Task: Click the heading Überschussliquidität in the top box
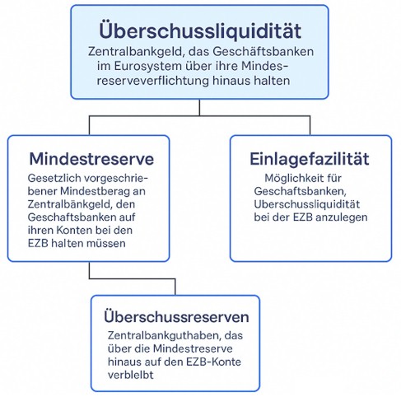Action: coord(200,30)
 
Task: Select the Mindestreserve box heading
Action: coord(91,159)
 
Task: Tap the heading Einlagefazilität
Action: coord(310,159)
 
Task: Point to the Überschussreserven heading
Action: coord(176,317)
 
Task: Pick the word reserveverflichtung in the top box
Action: coord(153,81)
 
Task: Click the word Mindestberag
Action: coord(95,191)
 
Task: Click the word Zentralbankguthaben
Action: coord(165,335)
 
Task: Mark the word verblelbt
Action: coord(131,375)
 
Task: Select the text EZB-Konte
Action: coord(213,362)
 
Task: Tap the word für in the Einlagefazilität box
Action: coord(335,178)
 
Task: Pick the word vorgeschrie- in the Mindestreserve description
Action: coord(116,178)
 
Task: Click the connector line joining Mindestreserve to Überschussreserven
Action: coord(132,279)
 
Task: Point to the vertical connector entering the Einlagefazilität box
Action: coord(310,125)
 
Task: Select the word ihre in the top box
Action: coord(227,66)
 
